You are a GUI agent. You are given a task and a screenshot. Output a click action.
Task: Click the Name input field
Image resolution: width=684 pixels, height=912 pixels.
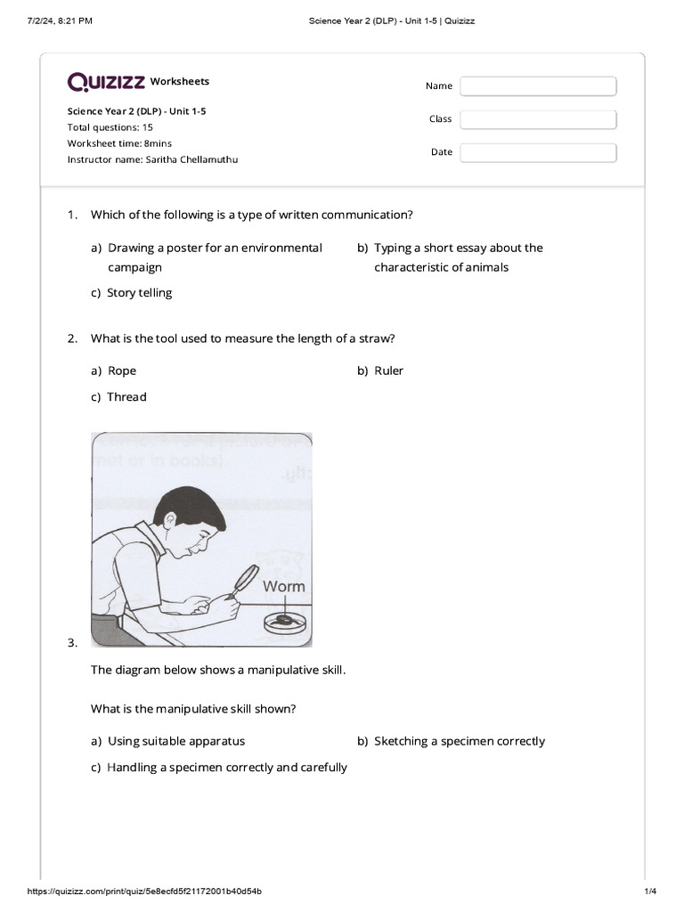coord(538,86)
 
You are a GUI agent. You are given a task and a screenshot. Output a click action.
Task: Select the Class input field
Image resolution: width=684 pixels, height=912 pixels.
coord(538,119)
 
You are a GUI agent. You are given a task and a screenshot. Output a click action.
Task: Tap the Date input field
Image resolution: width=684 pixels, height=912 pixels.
coord(538,152)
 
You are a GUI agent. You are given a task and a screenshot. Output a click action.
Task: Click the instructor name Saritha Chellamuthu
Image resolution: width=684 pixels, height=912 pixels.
coord(152,159)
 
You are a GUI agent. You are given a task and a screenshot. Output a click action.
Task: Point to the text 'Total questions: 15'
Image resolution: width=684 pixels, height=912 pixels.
coord(110,127)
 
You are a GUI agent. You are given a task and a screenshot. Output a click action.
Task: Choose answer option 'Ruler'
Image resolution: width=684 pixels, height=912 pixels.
coord(388,370)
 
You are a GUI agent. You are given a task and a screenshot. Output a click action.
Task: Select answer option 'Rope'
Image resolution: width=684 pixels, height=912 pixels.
coord(122,370)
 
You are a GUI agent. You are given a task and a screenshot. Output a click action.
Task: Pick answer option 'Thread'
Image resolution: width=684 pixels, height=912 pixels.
coord(126,397)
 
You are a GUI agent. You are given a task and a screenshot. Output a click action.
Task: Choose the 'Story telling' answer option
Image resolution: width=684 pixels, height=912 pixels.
coord(139,293)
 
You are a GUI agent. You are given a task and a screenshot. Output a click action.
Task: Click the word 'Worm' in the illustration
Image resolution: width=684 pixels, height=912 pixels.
coord(284,586)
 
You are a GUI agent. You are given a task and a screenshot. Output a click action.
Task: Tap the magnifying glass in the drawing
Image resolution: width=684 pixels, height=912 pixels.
coord(243,580)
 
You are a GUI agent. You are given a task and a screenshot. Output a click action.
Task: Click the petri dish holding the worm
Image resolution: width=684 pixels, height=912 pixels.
coord(284,622)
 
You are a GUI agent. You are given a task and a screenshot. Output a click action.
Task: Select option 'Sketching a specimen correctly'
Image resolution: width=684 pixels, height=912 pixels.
coord(459,741)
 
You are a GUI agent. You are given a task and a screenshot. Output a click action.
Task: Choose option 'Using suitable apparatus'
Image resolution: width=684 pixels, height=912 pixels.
coord(175,741)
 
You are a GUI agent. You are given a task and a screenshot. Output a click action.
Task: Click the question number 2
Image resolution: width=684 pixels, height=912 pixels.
coord(72,338)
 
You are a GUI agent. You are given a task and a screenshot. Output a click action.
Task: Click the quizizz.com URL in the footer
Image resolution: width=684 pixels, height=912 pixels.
coord(144,892)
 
